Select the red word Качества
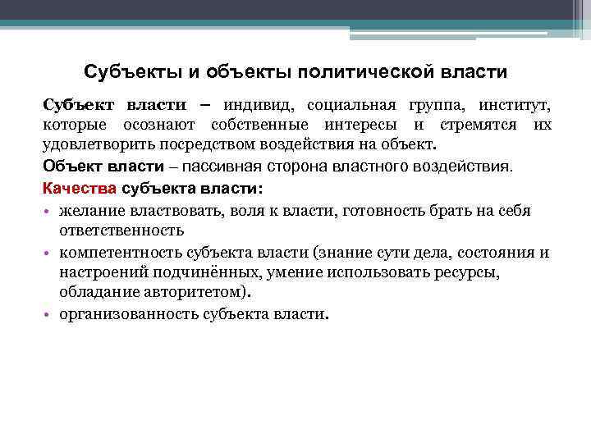click(x=74, y=188)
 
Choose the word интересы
click(x=358, y=126)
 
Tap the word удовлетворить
click(x=92, y=146)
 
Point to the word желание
click(x=91, y=211)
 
